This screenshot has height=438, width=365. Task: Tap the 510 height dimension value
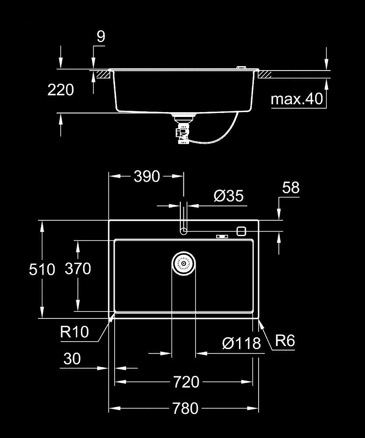[42, 269]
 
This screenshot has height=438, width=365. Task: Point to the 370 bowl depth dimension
[78, 268]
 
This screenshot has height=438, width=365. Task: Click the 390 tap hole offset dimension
[147, 177]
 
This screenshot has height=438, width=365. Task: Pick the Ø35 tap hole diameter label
[228, 196]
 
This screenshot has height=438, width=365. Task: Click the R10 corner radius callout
[74, 332]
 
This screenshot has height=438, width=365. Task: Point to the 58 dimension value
[291, 188]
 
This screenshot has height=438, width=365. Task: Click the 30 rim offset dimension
[72, 359]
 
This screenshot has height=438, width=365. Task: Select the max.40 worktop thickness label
[297, 99]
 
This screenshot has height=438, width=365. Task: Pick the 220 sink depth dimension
[60, 90]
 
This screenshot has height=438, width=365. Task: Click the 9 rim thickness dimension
[101, 37]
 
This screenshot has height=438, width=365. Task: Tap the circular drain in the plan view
[183, 264]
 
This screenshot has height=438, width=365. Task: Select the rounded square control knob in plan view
[241, 231]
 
